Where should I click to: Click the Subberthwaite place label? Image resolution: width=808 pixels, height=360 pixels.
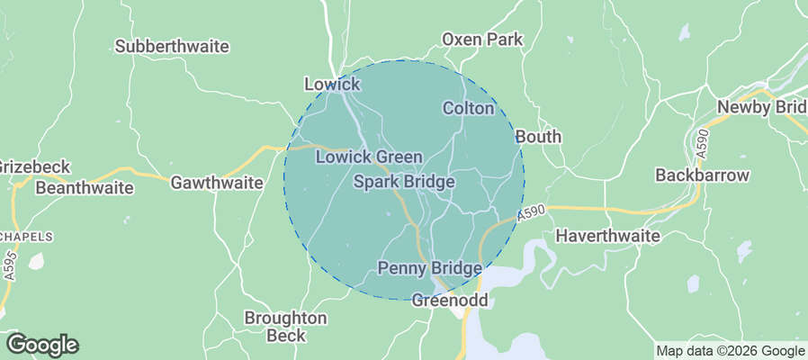point(172,46)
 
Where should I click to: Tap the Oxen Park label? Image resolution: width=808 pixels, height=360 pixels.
point(482,40)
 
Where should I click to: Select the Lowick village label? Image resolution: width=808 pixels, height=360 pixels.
point(332,85)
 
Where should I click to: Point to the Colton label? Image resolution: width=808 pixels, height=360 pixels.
point(469,109)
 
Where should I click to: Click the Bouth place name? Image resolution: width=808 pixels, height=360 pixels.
point(538,137)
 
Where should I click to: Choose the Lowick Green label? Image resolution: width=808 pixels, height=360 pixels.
point(369,157)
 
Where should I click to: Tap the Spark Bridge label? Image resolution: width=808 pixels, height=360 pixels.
point(403,182)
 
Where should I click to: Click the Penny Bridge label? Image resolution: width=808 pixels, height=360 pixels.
point(429,268)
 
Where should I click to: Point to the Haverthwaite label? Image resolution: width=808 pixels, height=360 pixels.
point(608,236)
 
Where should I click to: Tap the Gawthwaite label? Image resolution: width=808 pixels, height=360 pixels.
point(217,183)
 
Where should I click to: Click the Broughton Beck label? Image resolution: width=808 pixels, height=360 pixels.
point(286,327)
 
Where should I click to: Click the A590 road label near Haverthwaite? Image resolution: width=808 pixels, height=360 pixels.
point(531,214)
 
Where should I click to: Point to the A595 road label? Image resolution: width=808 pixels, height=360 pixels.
point(9,266)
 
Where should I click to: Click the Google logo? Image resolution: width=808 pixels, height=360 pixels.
point(41,344)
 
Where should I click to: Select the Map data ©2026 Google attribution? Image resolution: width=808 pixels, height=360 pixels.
point(730,351)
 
